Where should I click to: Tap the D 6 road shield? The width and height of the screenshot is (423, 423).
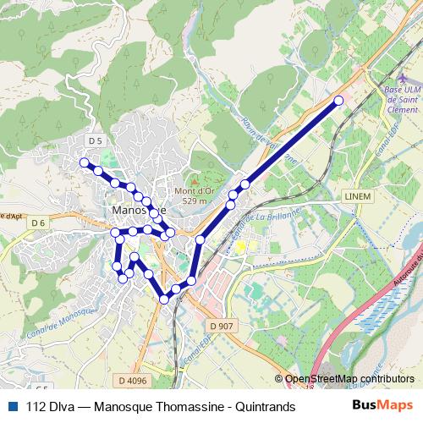[37, 222]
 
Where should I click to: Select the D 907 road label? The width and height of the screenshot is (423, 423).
[219, 325]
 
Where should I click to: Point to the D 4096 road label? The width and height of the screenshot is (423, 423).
[132, 381]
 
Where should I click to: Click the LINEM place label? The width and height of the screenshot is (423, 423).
[358, 195]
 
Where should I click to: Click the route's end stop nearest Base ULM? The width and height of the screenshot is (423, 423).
[339, 101]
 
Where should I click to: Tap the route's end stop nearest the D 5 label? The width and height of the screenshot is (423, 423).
[84, 162]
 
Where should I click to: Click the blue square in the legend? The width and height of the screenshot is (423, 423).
[11, 407]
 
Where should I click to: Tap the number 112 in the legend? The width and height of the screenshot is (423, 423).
[36, 407]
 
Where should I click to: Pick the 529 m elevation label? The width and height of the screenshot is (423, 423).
[194, 201]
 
